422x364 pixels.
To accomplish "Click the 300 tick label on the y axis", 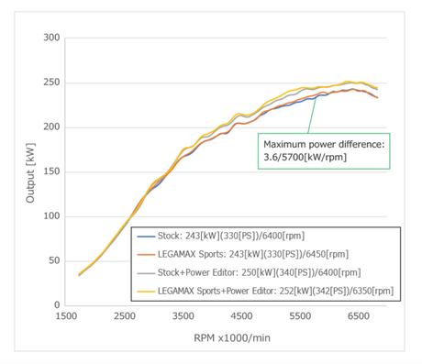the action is coord(51,38).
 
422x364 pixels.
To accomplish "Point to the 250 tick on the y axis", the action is coord(51,83).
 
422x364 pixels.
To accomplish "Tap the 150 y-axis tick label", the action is coord(51,171).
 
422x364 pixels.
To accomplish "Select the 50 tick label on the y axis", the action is coord(54,260).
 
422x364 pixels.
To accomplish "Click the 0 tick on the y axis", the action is coord(57,304).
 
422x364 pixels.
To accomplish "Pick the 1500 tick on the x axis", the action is coord(66,315).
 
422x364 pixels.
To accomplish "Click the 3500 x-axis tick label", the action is coord(183,315).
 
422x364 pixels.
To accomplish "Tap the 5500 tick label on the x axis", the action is coord(300,315).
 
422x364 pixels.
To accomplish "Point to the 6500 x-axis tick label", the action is coord(359,315).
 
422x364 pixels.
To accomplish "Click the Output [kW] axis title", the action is coord(30,173).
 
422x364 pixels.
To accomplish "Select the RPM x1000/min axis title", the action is coord(232,338).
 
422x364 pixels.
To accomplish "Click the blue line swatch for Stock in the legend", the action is coord(146,237).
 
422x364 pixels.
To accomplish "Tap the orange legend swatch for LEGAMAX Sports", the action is coord(146,255).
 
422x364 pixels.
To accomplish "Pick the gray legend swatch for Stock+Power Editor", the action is coord(146,273).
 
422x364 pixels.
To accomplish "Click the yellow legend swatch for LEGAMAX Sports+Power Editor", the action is coord(146,292).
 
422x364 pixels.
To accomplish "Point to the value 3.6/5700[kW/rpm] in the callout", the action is coord(305,157).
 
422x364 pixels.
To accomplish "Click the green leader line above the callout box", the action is coord(312,115).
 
